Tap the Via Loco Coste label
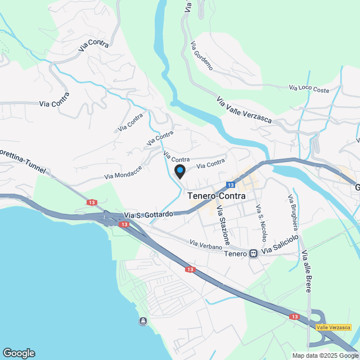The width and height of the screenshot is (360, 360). coord(309,88)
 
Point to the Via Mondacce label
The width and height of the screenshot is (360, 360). coord(123,172)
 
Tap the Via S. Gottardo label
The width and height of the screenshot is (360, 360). coord(148,214)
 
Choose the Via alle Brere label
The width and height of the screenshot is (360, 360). coord(307,271)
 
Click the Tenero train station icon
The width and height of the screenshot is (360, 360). coord(254,254)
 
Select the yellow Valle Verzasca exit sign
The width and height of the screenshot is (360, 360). coord(334,327)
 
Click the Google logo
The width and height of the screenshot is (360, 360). coord(18,353)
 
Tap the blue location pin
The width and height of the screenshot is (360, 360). coord(180,171)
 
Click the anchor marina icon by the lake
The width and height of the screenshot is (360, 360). coord(143,321)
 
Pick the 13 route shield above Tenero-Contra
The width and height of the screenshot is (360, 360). coord(231,184)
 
